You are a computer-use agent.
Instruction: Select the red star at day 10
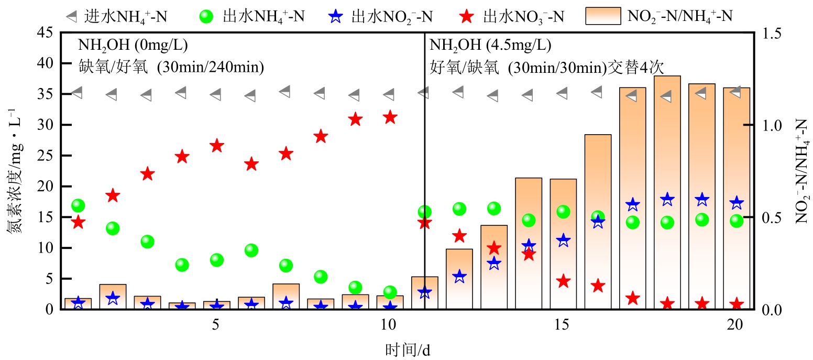(x=389, y=117)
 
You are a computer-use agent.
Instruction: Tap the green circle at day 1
(x=78, y=205)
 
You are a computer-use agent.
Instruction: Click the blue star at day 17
(x=632, y=205)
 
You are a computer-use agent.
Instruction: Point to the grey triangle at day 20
(x=735, y=92)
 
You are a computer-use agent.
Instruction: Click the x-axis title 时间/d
(x=407, y=349)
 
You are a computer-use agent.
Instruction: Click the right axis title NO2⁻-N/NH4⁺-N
(x=801, y=171)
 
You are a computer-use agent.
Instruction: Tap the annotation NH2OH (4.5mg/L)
(x=490, y=45)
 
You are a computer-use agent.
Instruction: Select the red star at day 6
(x=251, y=164)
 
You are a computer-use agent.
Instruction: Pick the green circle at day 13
(x=494, y=209)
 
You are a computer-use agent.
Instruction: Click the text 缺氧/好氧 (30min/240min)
(x=171, y=67)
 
